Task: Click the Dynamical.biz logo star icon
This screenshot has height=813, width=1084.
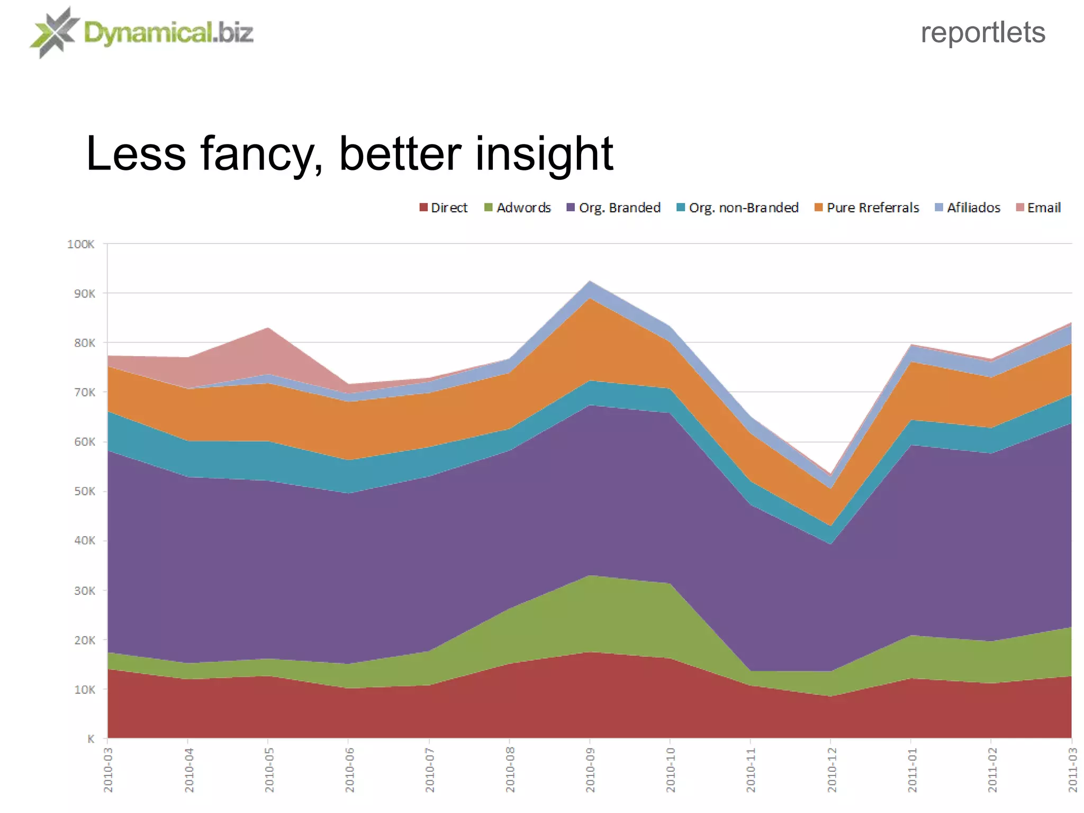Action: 54,33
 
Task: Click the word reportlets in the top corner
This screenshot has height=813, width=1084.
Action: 982,33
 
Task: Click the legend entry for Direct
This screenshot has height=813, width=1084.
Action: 444,207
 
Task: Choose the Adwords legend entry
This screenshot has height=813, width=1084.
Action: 518,207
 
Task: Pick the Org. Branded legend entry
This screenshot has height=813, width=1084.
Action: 614,207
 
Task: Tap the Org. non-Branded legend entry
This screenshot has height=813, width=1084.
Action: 738,207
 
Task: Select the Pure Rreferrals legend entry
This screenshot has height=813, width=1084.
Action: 867,207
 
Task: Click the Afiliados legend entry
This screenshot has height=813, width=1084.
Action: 968,207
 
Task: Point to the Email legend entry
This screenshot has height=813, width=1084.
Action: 1038,207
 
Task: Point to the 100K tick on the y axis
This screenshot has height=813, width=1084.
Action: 81,244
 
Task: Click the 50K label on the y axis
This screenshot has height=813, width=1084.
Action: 84,491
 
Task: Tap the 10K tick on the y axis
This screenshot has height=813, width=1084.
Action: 84,690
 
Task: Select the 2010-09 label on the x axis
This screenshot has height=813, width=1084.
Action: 590,770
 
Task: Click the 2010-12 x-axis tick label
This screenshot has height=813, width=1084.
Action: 831,770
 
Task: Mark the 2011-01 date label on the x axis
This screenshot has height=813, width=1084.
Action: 911,770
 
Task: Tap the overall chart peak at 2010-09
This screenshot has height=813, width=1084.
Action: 590,282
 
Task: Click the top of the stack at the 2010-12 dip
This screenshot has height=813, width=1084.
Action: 830,475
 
